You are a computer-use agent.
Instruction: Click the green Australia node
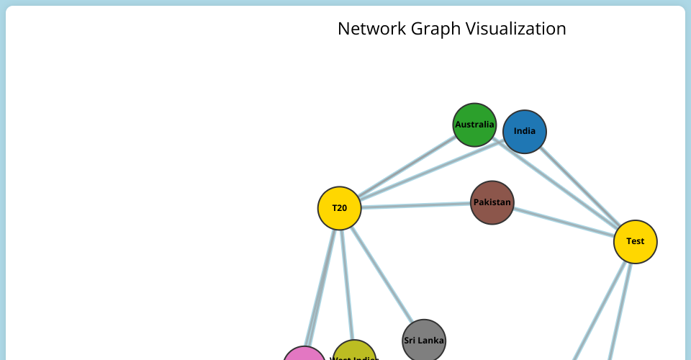click(475, 125)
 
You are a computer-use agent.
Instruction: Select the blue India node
click(525, 132)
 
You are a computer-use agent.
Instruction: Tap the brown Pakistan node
click(492, 202)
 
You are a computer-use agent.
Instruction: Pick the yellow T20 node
click(339, 208)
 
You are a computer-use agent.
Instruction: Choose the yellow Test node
click(635, 241)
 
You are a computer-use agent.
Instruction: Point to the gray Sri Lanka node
click(424, 341)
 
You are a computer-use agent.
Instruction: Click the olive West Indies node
click(354, 353)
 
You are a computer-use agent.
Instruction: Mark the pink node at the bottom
click(304, 355)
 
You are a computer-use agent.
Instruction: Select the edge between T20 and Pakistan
click(415, 205)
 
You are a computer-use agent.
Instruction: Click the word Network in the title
click(372, 29)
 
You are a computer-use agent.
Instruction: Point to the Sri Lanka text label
click(424, 341)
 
